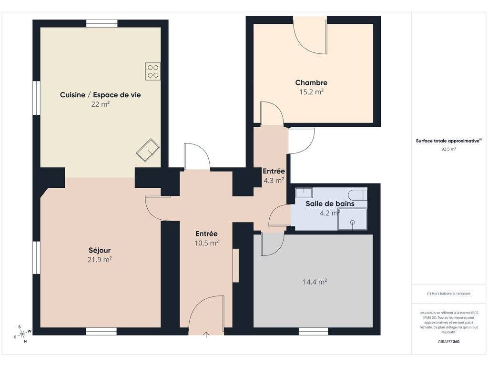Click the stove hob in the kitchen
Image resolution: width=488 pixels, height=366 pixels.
point(153,71)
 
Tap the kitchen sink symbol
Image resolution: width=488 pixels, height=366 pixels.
point(148,150)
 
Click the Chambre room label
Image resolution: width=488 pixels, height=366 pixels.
point(311,82)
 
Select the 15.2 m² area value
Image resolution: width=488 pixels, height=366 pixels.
point(311,92)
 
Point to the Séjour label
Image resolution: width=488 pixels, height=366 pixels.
point(100,250)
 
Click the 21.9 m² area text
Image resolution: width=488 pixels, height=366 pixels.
point(100,260)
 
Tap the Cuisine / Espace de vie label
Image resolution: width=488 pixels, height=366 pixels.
point(100,95)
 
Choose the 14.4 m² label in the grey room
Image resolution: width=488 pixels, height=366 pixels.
point(315,282)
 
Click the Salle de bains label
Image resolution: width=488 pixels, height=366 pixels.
point(330,203)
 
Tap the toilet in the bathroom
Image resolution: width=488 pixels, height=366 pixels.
point(357,195)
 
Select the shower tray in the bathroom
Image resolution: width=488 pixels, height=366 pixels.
point(352,219)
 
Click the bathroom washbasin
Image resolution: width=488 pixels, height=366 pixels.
point(304,193)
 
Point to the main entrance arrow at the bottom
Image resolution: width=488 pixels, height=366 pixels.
point(206,335)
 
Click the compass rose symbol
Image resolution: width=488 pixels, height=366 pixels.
point(22,334)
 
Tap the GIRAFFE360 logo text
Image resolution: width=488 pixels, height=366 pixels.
point(448,341)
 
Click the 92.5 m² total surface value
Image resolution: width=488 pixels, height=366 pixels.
point(448,149)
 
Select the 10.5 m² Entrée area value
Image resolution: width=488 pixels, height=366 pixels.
point(207,243)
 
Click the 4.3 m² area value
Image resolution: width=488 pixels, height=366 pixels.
point(274,181)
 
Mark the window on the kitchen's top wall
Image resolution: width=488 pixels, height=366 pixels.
point(102,24)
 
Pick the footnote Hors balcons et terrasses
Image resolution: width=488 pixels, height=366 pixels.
point(448,294)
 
